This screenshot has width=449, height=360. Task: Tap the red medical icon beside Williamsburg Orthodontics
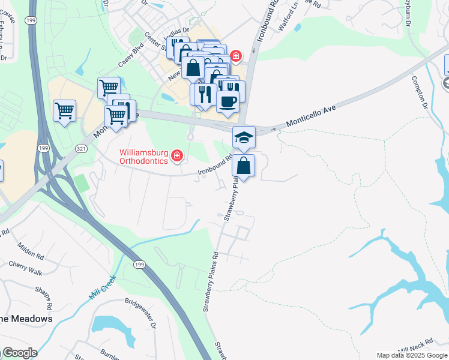(177, 157)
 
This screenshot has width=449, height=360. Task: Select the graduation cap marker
(244, 137)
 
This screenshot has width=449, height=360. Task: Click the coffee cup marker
(228, 101)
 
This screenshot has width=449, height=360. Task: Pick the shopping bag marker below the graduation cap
(244, 166)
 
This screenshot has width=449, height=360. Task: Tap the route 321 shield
(80, 148)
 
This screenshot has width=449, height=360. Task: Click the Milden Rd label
(31, 248)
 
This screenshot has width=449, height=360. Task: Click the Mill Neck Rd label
(415, 345)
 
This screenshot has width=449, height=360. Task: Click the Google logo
(19, 353)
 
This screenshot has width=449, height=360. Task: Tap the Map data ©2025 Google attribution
(412, 355)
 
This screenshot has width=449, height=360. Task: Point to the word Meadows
(29, 319)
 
